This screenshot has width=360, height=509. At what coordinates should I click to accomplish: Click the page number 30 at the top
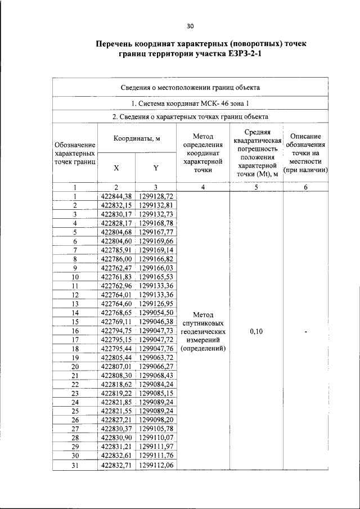190,26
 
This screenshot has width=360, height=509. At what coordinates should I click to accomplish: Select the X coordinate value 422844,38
116,196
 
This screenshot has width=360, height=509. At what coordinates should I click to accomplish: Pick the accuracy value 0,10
256,332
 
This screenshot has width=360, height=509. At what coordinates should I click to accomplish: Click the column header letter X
116,168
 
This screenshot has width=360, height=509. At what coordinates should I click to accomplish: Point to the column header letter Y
156,168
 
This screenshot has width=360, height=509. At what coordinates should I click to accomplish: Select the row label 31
75,466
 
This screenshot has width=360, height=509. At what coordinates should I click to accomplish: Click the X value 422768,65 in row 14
116,313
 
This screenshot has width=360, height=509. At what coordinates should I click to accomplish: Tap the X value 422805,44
116,358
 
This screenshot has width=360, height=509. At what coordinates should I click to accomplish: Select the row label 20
75,367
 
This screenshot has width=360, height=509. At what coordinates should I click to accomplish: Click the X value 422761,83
116,277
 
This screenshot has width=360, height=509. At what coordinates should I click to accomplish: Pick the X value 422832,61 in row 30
116,456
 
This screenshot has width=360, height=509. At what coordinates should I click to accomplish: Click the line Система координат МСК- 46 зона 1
190,104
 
